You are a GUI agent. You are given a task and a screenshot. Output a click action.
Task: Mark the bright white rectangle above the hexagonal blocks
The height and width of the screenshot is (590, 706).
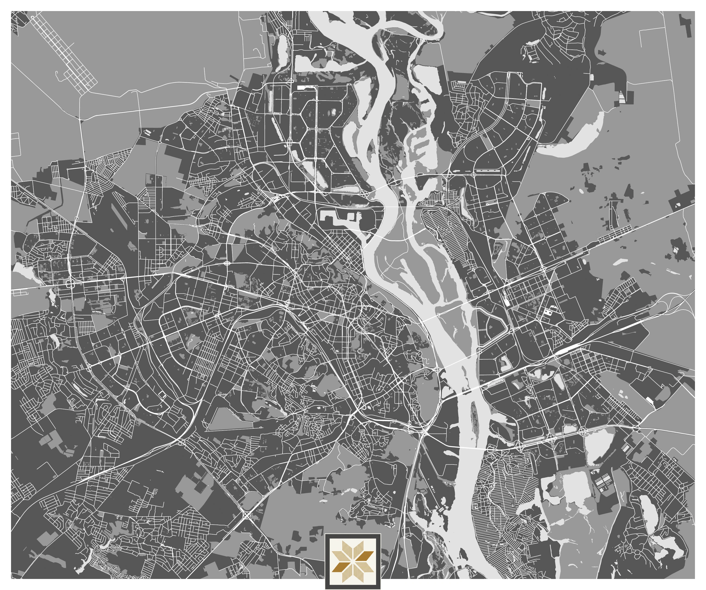pos(304,87)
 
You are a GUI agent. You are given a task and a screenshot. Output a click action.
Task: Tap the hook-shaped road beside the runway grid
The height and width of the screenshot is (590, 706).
pos(58,76)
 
